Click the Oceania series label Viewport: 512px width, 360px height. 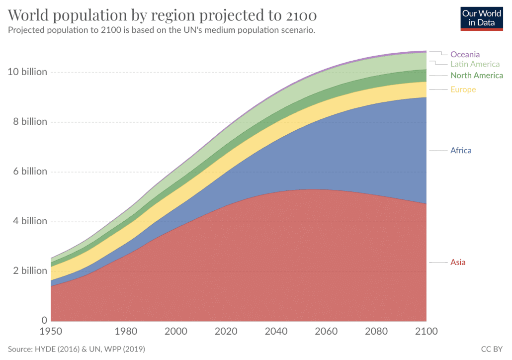click(x=465, y=54)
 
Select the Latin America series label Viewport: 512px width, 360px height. click(x=475, y=64)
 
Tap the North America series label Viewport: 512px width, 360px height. click(x=476, y=76)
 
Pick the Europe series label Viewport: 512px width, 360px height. click(x=463, y=90)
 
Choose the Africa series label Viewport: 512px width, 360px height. click(x=461, y=150)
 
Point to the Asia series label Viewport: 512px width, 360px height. click(x=458, y=262)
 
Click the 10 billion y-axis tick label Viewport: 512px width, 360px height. click(x=27, y=72)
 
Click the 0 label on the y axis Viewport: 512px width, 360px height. click(x=45, y=320)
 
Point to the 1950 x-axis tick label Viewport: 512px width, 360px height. click(x=51, y=331)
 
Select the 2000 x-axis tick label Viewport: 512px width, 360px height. click(x=176, y=331)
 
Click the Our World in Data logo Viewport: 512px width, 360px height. click(x=482, y=18)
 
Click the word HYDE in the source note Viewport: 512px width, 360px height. click(x=46, y=349)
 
